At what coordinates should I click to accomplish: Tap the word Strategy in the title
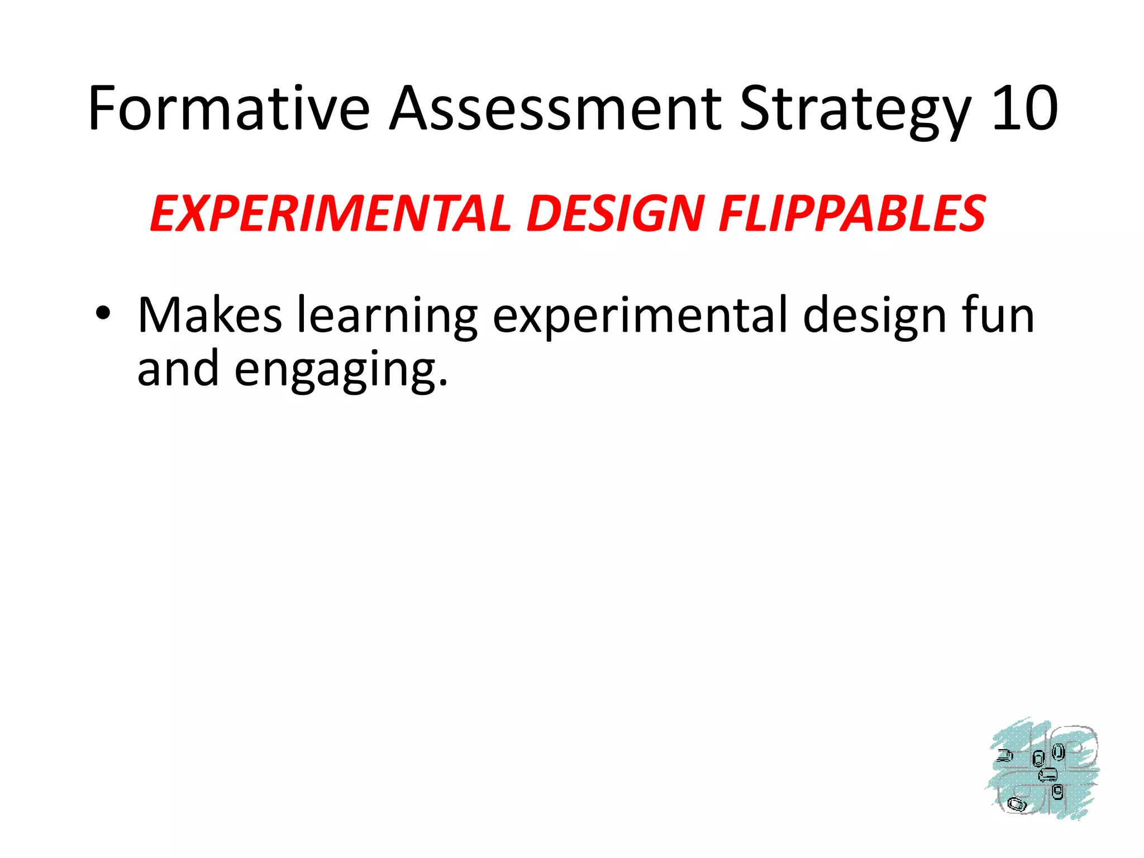pos(856,109)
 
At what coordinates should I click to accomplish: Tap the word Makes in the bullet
pos(209,315)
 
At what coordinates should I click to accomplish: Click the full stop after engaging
pos(444,383)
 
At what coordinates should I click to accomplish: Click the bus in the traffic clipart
pos(1047,775)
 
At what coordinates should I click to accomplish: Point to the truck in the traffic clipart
pos(1004,756)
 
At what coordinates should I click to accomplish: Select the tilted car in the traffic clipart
pos(1016,805)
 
